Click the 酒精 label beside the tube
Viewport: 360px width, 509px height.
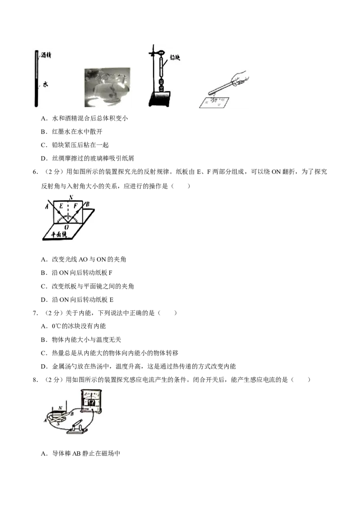click(46, 55)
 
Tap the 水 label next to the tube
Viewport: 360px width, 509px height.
click(45, 85)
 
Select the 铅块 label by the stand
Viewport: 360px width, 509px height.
click(175, 58)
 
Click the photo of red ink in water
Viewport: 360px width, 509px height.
click(107, 87)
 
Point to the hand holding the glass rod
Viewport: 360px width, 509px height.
click(239, 78)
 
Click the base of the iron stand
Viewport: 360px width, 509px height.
click(160, 99)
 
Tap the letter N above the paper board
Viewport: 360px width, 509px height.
click(71, 197)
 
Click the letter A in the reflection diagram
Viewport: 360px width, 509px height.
click(46, 206)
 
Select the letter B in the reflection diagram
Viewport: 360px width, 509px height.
click(87, 205)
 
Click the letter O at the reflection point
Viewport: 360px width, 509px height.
click(67, 227)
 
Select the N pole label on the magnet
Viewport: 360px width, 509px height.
click(60, 408)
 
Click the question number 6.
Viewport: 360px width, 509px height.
click(35, 172)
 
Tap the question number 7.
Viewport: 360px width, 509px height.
click(35, 313)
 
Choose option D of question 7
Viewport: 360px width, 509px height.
click(139, 366)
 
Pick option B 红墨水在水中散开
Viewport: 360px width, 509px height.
click(72, 131)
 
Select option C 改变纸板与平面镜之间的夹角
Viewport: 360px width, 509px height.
click(87, 286)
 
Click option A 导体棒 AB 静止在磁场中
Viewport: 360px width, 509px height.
click(81, 453)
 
